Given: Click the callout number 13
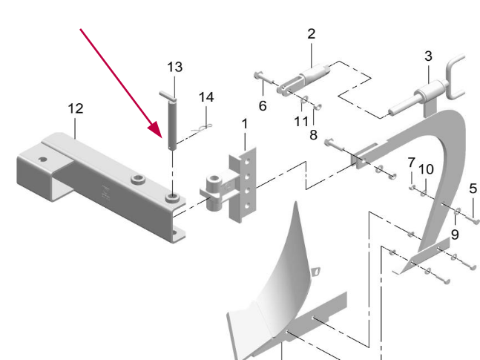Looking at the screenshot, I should click(x=175, y=68).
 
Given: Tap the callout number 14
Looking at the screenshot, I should click(x=206, y=97).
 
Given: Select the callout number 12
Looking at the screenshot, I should click(x=76, y=108).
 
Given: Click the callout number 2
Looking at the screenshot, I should click(x=311, y=33).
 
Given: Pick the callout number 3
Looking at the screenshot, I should click(x=428, y=56).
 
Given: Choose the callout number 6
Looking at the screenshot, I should click(x=262, y=106).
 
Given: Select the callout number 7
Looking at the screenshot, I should click(x=411, y=162).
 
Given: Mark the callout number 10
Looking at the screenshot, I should click(x=426, y=169).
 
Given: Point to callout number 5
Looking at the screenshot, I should click(x=473, y=188).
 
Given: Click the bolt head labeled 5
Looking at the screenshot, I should click(x=476, y=220).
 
